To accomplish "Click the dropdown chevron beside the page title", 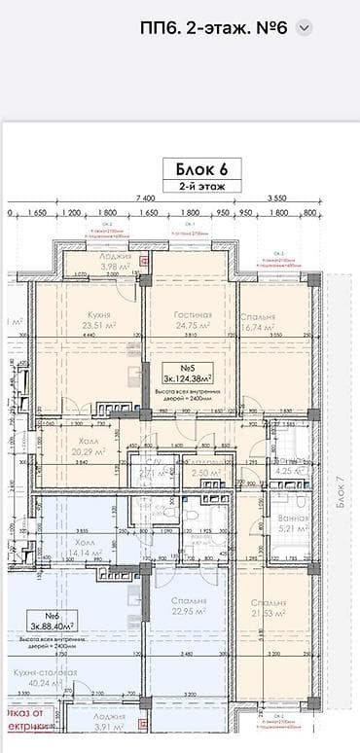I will (x=305, y=28).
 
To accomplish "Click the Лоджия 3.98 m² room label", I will (x=94, y=263).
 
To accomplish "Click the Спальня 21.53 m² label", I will (x=265, y=609).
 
